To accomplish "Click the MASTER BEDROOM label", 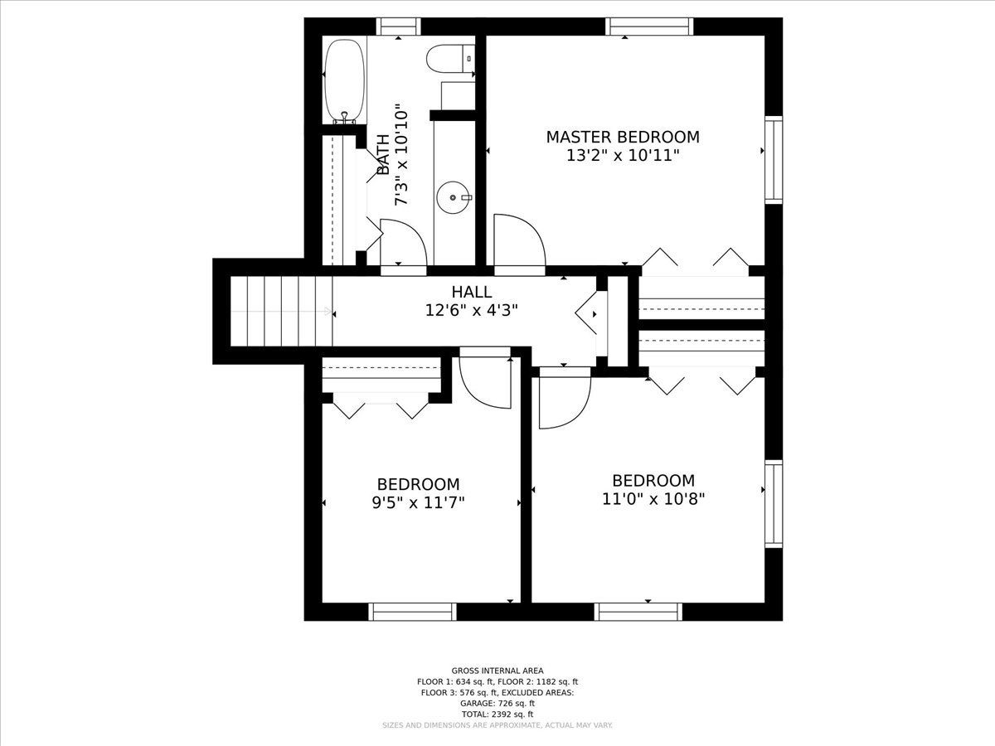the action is tap(623, 137).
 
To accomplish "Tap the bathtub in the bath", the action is tap(345, 81).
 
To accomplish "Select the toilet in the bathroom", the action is tap(450, 59).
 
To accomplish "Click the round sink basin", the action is tap(454, 197).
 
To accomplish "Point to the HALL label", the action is tap(472, 292).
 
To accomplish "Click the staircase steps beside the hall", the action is tap(281, 312).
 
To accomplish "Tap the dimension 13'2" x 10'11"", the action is tap(623, 156).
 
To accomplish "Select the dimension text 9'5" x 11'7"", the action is tap(419, 503).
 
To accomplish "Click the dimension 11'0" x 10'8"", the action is tap(653, 499).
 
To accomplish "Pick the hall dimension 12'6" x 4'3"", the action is tap(472, 311).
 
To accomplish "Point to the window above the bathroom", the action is tap(399, 27).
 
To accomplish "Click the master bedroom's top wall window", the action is tap(649, 27).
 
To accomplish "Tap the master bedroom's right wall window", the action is tap(774, 159).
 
